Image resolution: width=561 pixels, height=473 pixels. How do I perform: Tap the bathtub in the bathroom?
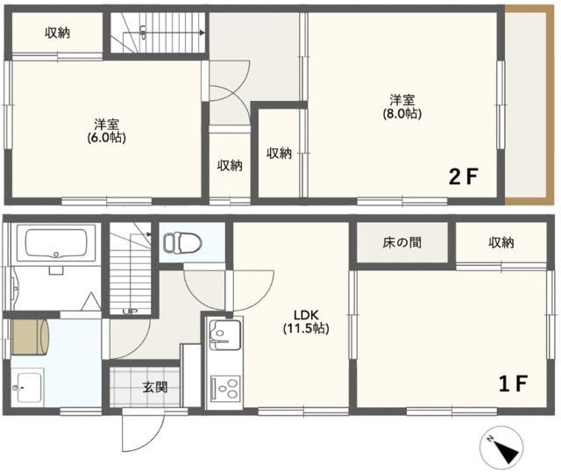pos(57,243)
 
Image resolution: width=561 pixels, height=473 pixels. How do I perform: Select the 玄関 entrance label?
pos(155,387)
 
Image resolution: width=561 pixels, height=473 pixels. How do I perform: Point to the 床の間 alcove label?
pos(401,242)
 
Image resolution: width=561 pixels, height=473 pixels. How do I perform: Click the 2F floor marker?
pos(464,176)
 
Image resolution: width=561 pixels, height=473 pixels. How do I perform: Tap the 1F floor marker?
pos(513,383)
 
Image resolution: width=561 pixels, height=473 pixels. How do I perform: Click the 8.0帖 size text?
pos(401,113)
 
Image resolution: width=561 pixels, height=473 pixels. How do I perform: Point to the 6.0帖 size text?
pos(106,138)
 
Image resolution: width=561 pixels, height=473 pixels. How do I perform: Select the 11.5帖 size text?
pos(305,329)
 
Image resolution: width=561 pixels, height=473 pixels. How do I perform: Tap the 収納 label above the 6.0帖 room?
pos(58,32)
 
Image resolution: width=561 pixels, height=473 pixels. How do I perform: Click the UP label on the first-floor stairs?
pos(130,311)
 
